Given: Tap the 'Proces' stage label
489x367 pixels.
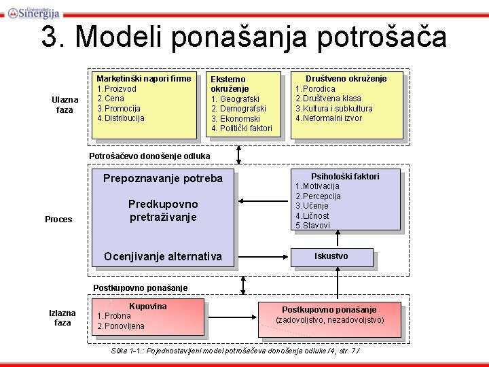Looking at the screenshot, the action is pos(58,219).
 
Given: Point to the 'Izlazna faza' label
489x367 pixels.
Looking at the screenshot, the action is pos(62,317).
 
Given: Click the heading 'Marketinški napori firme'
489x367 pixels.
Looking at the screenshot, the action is pos(144,79).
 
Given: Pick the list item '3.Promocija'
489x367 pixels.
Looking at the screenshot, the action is pos(119,108).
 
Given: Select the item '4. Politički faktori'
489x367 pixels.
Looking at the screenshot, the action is pos(242,128).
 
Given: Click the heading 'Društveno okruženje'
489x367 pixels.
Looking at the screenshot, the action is pos(346,79).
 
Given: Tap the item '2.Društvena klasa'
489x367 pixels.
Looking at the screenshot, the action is pos(328,99).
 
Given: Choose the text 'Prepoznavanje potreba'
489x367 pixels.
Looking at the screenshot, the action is pos(162,179).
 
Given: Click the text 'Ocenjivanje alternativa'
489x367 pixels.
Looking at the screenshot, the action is pos(162,256).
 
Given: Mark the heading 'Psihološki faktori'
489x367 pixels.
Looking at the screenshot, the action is pos(345,177).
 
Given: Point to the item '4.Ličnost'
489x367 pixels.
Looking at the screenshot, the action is pos(312,215).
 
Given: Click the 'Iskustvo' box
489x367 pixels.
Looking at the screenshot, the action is pos(331,256).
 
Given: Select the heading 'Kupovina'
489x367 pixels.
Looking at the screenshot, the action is pos(147,307).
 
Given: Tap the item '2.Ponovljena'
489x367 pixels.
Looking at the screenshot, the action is pos(121,326).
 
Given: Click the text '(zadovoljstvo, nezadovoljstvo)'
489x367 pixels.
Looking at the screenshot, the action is pos(329,320).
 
